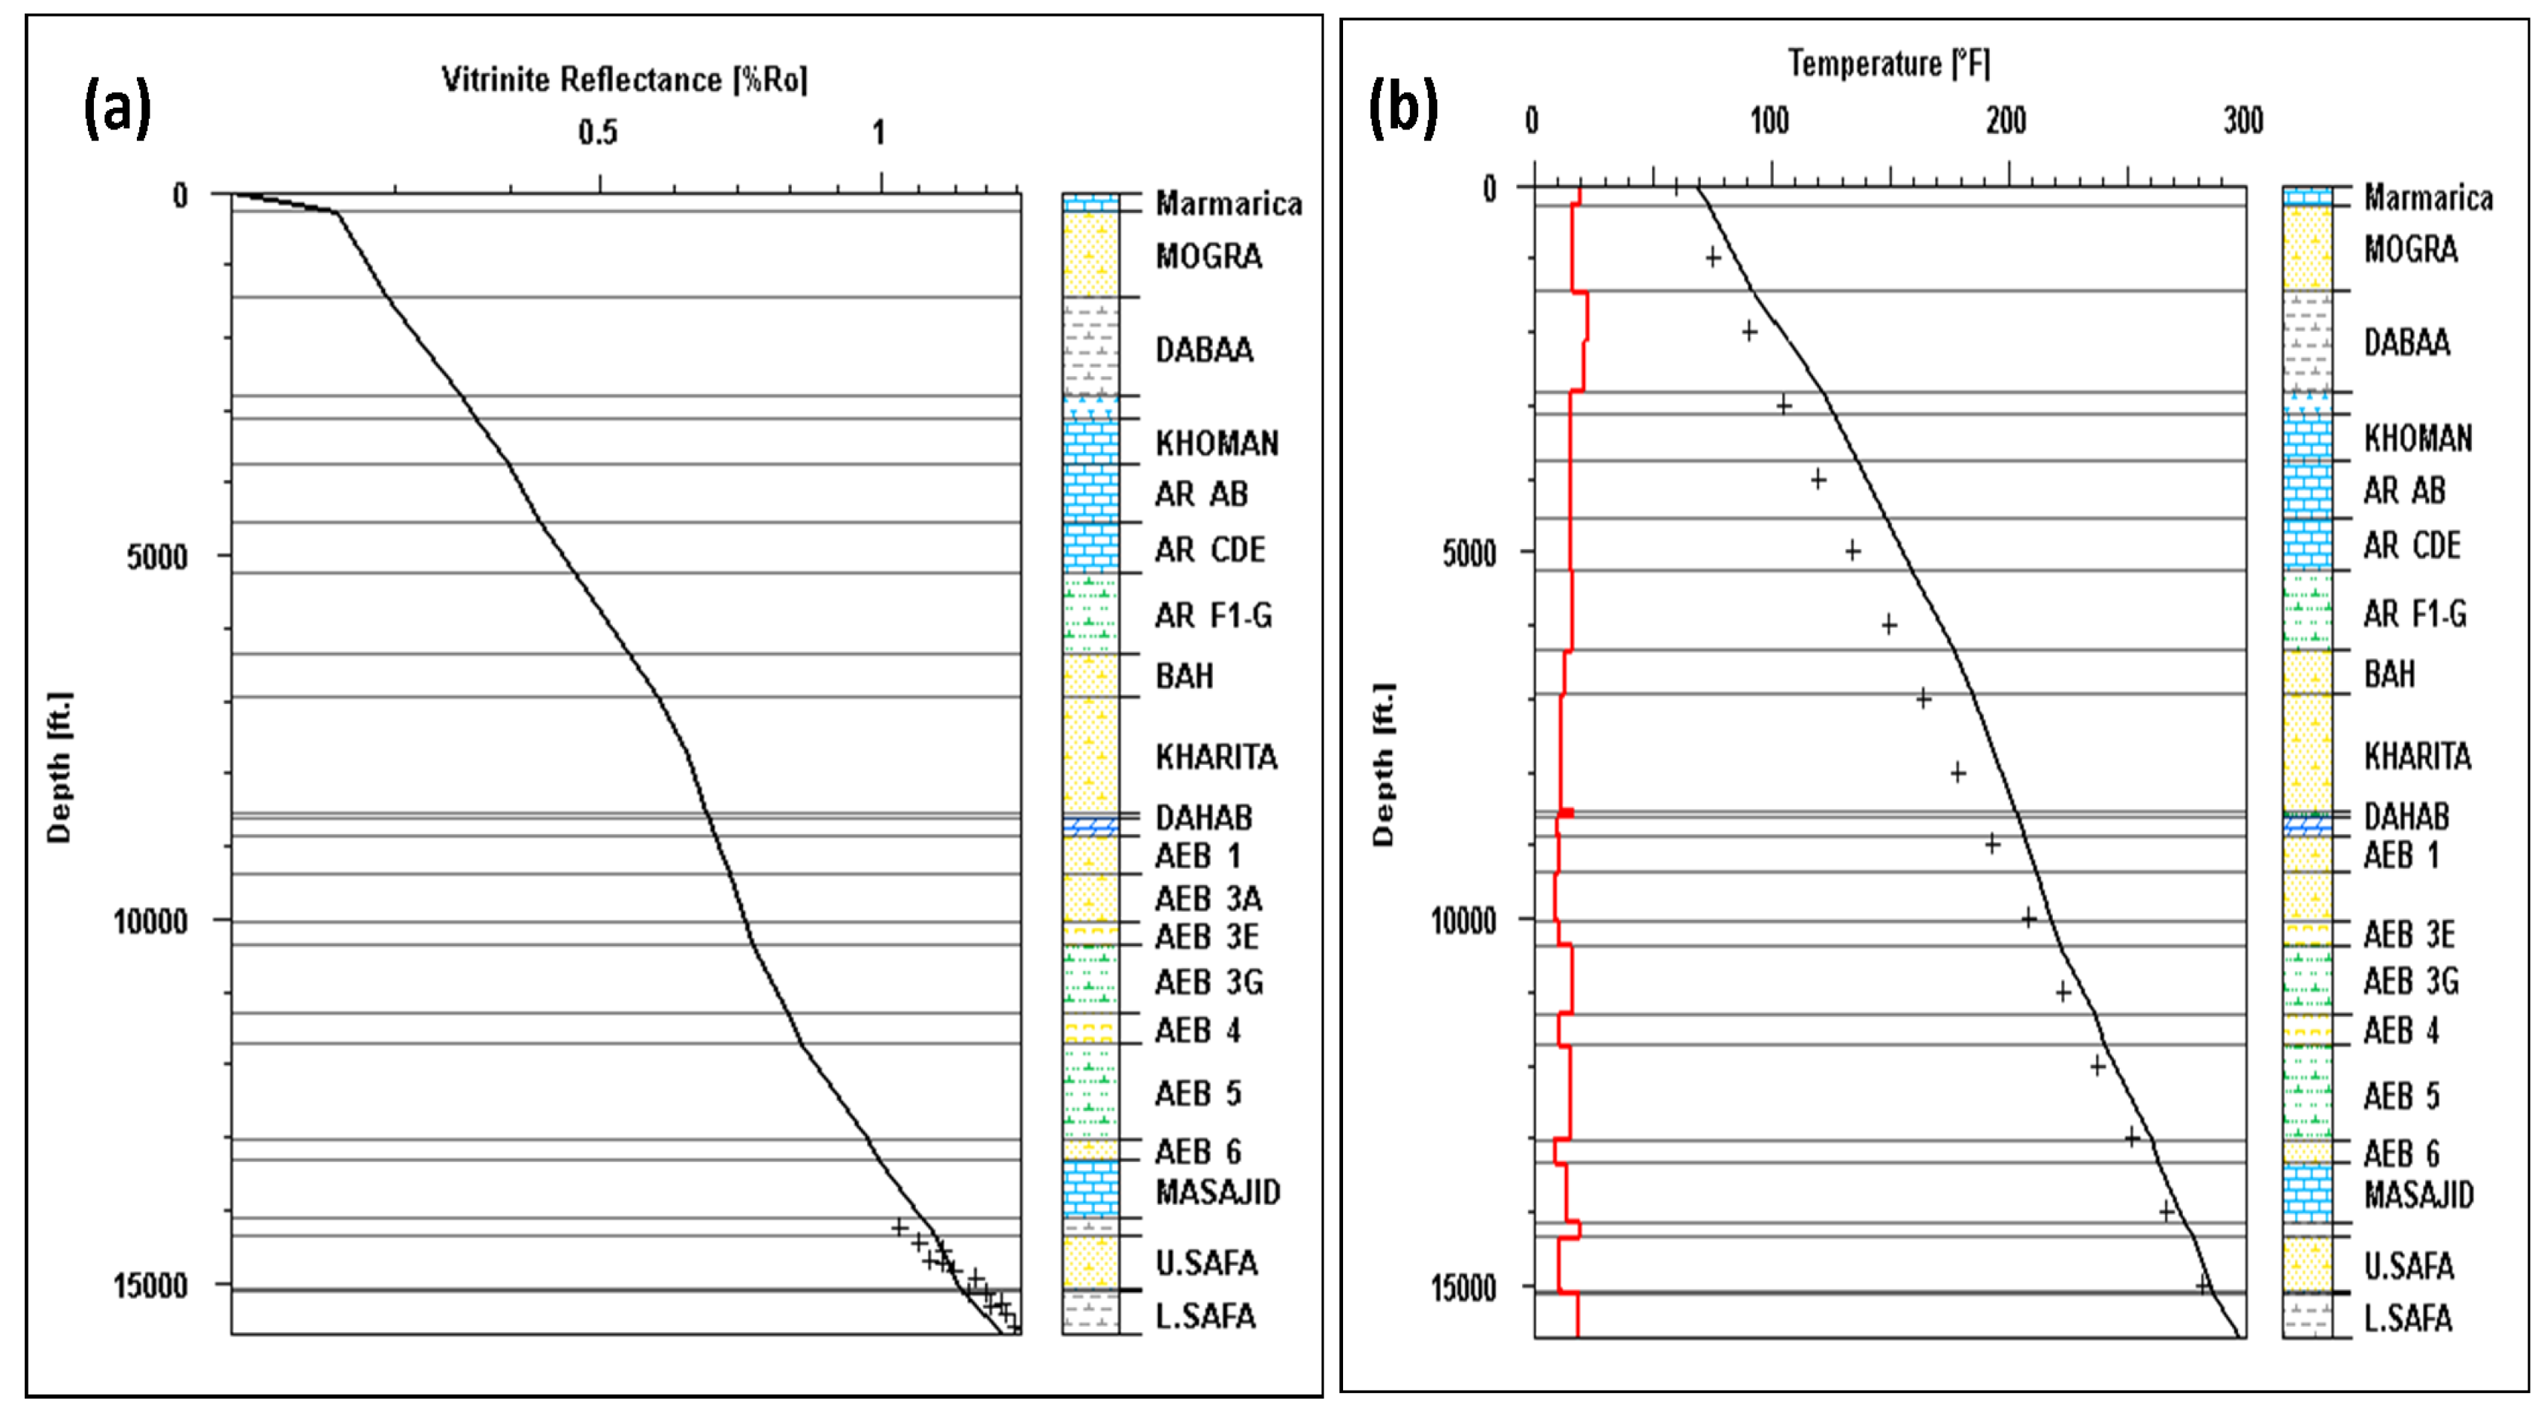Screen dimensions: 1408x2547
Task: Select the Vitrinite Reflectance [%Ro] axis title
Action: click(624, 80)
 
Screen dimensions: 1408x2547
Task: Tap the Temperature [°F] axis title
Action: click(1888, 64)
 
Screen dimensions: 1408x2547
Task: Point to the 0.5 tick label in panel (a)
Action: click(597, 132)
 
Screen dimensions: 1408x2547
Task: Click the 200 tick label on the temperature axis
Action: click(2006, 122)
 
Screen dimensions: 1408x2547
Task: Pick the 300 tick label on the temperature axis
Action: click(2243, 122)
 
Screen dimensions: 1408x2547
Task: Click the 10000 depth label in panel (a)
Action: click(150, 921)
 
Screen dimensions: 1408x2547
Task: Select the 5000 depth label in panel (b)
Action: click(1469, 554)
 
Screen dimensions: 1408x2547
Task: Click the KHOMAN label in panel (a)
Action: click(1216, 443)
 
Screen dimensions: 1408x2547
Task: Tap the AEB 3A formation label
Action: click(1207, 899)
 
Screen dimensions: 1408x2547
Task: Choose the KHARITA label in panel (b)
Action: click(2416, 757)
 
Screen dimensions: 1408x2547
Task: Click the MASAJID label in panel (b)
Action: click(2418, 1194)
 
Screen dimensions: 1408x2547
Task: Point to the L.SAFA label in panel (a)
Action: click(1205, 1316)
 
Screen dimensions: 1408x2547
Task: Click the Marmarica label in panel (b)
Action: click(2427, 198)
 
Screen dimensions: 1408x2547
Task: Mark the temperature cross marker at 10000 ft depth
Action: click(2028, 918)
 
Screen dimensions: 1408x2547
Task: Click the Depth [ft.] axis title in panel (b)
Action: click(1382, 763)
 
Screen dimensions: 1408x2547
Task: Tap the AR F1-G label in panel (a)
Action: click(1212, 616)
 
